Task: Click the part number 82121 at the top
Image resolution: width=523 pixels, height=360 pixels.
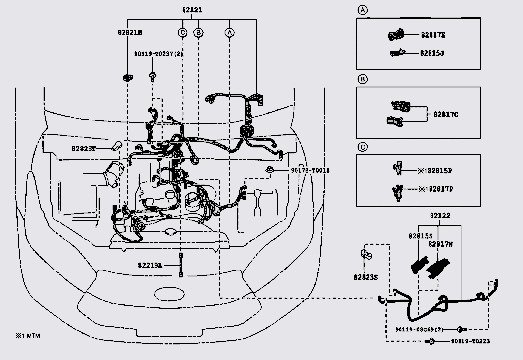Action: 192,10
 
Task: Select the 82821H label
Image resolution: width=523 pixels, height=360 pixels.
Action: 130,32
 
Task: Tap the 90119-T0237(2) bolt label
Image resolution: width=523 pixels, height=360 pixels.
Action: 158,53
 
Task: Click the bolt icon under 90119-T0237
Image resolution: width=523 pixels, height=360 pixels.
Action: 153,77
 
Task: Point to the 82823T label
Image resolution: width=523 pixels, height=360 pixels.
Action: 84,149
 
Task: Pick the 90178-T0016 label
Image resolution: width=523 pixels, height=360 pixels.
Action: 310,170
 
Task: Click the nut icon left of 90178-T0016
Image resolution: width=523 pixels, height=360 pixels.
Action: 269,170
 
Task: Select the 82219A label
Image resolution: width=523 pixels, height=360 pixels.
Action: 150,266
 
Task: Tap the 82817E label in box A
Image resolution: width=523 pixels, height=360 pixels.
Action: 432,35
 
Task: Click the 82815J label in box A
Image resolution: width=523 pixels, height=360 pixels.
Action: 432,53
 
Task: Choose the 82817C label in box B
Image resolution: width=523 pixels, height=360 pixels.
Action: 446,114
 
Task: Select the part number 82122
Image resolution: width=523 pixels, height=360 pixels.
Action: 440,216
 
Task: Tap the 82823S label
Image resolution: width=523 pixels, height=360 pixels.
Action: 366,277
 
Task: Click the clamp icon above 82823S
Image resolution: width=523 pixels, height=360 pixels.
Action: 366,254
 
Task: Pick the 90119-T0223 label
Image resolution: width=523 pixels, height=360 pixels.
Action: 470,341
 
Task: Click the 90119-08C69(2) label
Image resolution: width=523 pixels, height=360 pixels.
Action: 419,330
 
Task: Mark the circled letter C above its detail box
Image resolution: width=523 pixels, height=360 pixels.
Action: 362,147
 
